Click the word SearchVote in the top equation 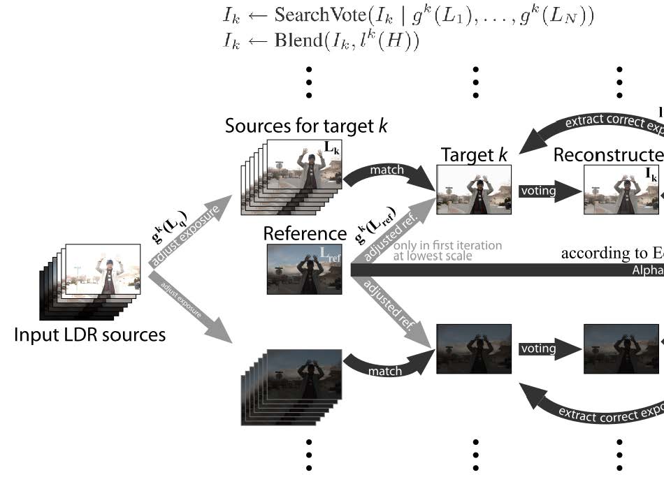318,16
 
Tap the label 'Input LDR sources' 90,335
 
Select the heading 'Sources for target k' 306,126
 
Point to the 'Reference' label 305,233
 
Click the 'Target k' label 474,154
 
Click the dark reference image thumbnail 304,268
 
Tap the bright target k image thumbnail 474,189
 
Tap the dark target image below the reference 474,349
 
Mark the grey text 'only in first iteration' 447,245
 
